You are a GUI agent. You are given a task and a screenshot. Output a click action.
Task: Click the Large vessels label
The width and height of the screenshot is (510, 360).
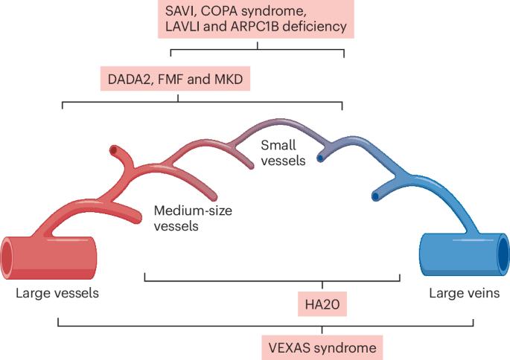[x=57, y=293]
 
